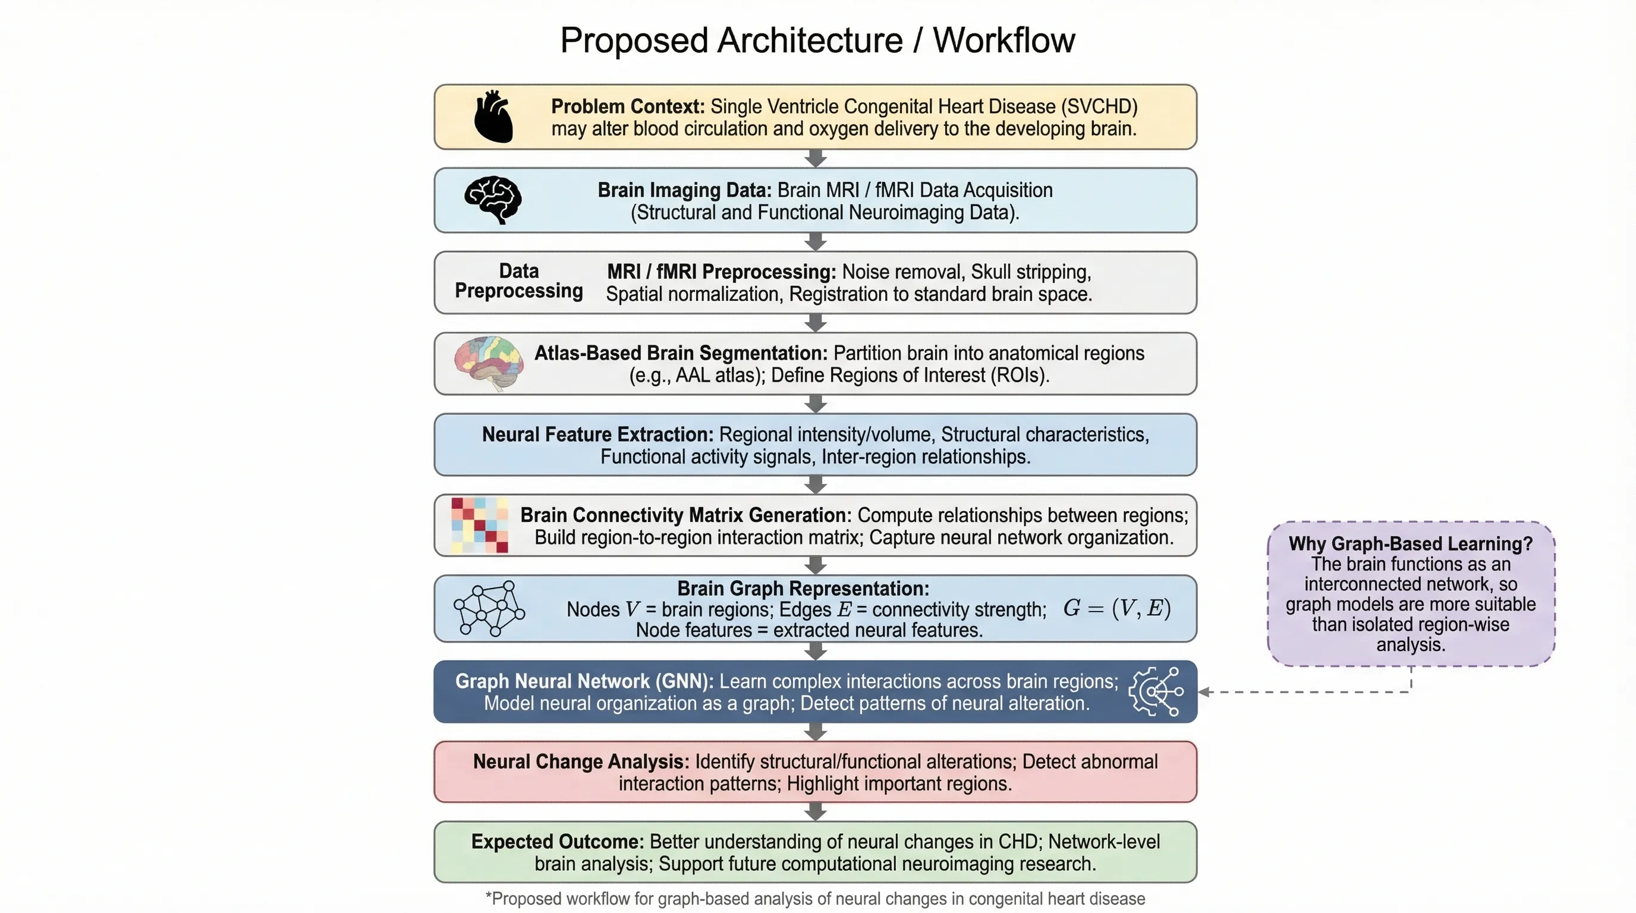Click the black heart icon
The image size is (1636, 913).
pyautogui.click(x=493, y=117)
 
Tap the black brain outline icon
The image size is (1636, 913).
pyautogui.click(x=493, y=200)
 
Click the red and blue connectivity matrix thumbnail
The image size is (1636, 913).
pyautogui.click(x=480, y=525)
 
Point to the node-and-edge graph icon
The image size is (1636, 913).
pyautogui.click(x=489, y=608)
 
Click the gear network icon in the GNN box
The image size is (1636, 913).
pyautogui.click(x=1156, y=691)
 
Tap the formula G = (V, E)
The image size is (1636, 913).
pyautogui.click(x=1116, y=608)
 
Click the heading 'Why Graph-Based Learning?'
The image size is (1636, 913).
pyautogui.click(x=1411, y=543)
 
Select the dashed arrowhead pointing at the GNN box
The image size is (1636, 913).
pyautogui.click(x=1203, y=691)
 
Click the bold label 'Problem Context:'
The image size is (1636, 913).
pyautogui.click(x=628, y=106)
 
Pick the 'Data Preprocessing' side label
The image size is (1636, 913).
pyautogui.click(x=518, y=281)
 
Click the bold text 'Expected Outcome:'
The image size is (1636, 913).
pyautogui.click(x=557, y=841)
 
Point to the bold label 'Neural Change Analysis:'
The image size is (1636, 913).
pyautogui.click(x=580, y=761)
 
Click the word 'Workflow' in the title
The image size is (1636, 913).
pyautogui.click(x=1003, y=40)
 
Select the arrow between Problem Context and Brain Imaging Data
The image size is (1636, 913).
pyautogui.click(x=816, y=159)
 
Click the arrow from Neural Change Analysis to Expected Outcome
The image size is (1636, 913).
pyautogui.click(x=816, y=811)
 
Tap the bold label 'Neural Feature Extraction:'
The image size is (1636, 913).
pyautogui.click(x=597, y=435)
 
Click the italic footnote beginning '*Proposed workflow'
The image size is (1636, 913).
pyautogui.click(x=815, y=898)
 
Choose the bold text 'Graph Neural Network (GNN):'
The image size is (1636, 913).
pyautogui.click(x=584, y=681)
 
